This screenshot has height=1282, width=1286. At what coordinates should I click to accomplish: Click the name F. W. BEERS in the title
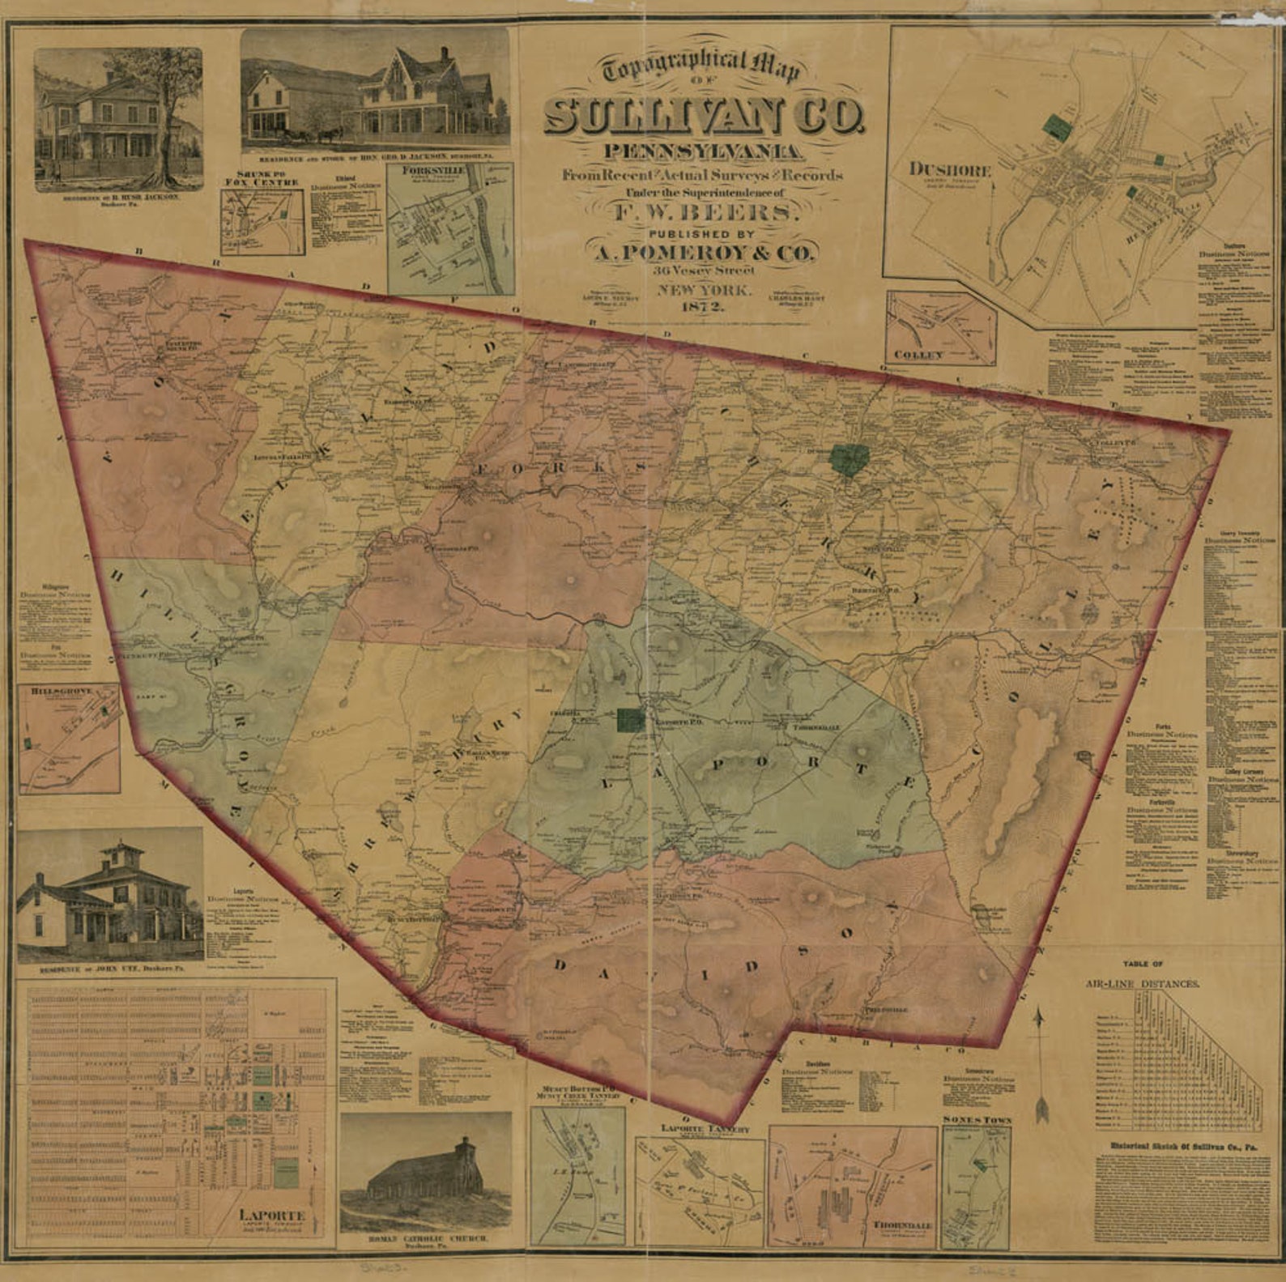[703, 213]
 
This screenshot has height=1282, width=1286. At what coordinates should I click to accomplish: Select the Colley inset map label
[919, 355]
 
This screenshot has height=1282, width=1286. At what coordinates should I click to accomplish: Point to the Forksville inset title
[438, 171]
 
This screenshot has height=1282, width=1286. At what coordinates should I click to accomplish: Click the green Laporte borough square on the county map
[630, 719]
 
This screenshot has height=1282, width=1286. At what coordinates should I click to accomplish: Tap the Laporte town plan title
[272, 1215]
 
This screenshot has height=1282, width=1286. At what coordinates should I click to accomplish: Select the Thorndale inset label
[901, 1225]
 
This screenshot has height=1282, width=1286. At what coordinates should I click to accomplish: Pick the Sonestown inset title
[976, 1119]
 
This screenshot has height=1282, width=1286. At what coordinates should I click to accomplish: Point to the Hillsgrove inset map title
[62, 691]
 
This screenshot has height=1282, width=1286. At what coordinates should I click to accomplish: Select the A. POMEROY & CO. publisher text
[703, 253]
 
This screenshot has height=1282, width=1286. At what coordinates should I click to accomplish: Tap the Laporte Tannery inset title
[705, 1128]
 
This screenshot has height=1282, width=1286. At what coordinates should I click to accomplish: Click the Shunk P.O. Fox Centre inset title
[262, 178]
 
